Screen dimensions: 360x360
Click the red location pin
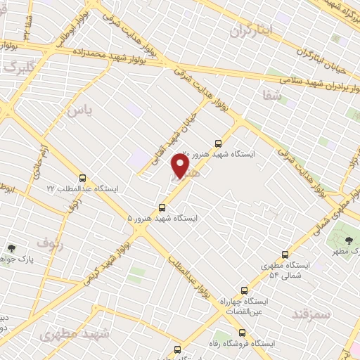181,166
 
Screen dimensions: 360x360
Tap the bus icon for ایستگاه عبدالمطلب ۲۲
83,178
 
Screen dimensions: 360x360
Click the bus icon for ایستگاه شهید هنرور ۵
162,207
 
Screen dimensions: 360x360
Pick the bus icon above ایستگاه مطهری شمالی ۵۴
285,254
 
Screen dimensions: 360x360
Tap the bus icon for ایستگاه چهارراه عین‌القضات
244,290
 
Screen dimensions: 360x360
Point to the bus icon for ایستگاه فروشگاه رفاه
242,333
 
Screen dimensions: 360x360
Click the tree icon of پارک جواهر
11,248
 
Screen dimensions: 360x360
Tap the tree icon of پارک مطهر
349,240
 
